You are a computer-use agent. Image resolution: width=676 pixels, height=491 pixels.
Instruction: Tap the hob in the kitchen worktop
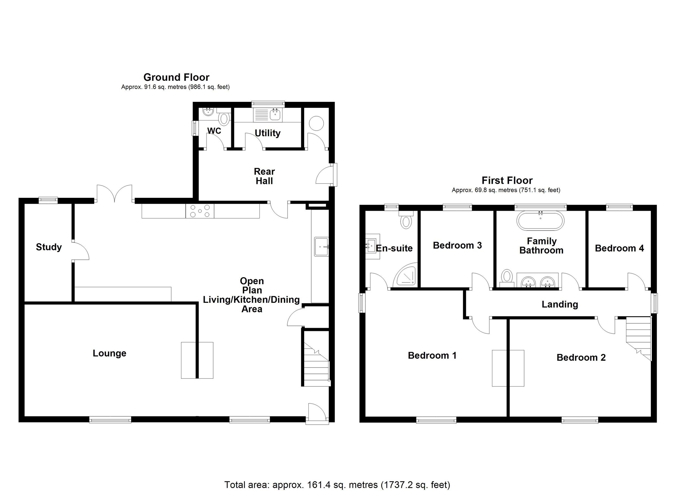200,211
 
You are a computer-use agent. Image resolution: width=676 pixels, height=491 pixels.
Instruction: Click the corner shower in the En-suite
406,276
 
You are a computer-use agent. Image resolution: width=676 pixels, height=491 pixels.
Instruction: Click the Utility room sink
275,114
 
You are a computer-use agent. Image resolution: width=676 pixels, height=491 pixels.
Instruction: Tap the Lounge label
109,353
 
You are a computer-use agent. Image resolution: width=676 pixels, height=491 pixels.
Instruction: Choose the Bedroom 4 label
619,248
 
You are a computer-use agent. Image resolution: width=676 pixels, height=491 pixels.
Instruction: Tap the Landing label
559,304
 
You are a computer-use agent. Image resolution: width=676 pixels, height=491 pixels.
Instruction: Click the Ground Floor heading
176,77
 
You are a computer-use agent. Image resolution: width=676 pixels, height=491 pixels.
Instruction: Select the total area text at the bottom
337,485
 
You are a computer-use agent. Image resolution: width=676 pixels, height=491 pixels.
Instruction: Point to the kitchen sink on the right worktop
321,246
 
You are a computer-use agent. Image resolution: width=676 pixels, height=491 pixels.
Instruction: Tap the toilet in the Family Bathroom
506,277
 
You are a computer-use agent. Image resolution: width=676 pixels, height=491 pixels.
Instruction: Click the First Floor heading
507,180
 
